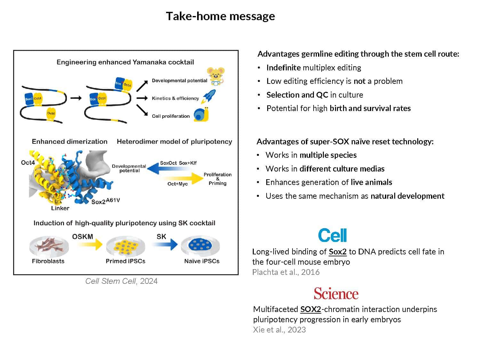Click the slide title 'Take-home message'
click(x=220, y=16)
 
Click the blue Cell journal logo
click(x=332, y=236)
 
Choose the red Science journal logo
click(x=336, y=293)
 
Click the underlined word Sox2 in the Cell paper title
click(x=338, y=252)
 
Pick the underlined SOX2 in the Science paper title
click(x=310, y=309)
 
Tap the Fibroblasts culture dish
click(x=49, y=246)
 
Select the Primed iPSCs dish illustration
click(x=125, y=246)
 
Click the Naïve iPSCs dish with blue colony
click(x=201, y=246)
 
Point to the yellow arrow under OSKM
click(x=90, y=245)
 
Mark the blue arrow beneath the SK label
click(x=165, y=244)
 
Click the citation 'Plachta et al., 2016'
click(x=286, y=272)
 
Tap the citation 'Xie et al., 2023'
click(x=279, y=330)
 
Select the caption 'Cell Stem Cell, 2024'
click(x=121, y=281)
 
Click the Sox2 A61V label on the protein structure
click(x=105, y=201)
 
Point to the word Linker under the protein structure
click(x=60, y=208)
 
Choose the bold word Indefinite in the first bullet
click(x=283, y=68)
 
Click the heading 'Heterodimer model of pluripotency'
click(x=174, y=141)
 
